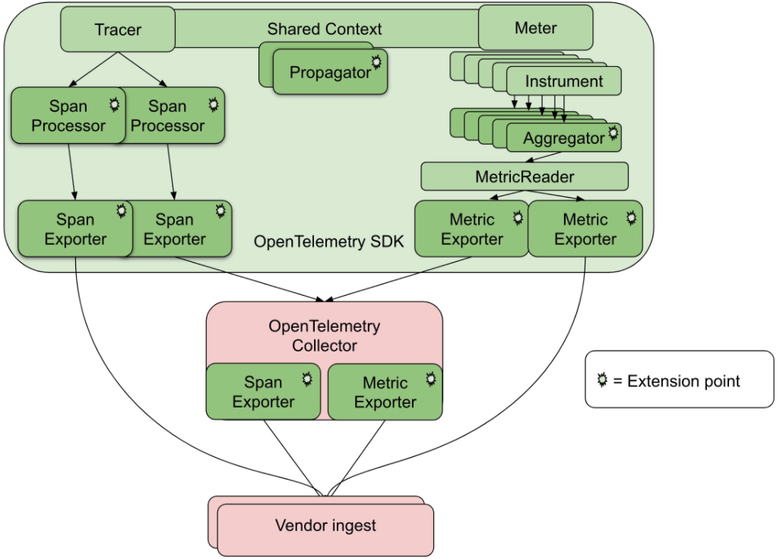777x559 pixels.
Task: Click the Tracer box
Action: [x=118, y=30]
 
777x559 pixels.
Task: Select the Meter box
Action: [x=535, y=28]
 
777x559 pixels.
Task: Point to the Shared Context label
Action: [x=325, y=30]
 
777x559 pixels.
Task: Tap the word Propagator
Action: [x=330, y=73]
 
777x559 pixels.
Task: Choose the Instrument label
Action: [x=564, y=81]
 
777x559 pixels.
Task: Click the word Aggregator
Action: [x=563, y=138]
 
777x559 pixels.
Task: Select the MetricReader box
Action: [x=525, y=176]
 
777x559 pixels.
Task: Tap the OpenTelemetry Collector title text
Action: [x=325, y=335]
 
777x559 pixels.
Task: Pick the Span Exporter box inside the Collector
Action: [x=263, y=392]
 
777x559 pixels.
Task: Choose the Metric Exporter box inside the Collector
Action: [x=385, y=392]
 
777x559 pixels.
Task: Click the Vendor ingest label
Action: [x=325, y=526]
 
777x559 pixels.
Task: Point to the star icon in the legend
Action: [x=602, y=380]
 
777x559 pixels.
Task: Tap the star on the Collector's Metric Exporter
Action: [x=430, y=377]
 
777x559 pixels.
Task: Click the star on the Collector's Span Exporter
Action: [x=307, y=377]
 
